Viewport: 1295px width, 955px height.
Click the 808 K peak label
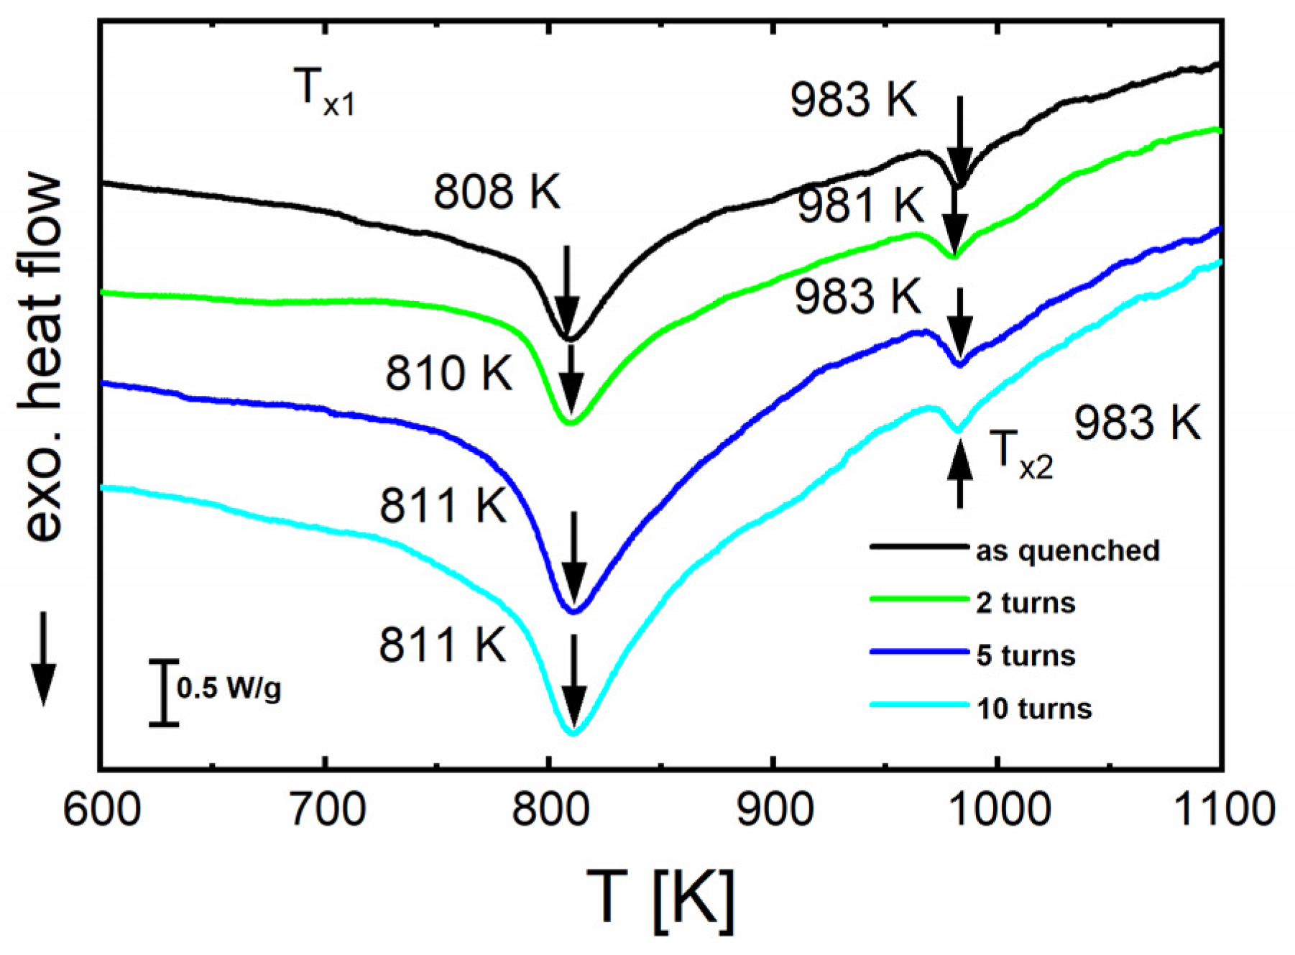497,192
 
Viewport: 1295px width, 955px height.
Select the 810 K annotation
449,374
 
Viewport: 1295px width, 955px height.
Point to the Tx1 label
324,92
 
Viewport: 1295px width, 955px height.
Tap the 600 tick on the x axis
102,809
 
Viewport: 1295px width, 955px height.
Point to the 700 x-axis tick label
326,809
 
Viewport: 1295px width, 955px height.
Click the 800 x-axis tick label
550,809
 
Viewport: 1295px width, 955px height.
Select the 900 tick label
775,809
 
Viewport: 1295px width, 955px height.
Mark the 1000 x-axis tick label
999,809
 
